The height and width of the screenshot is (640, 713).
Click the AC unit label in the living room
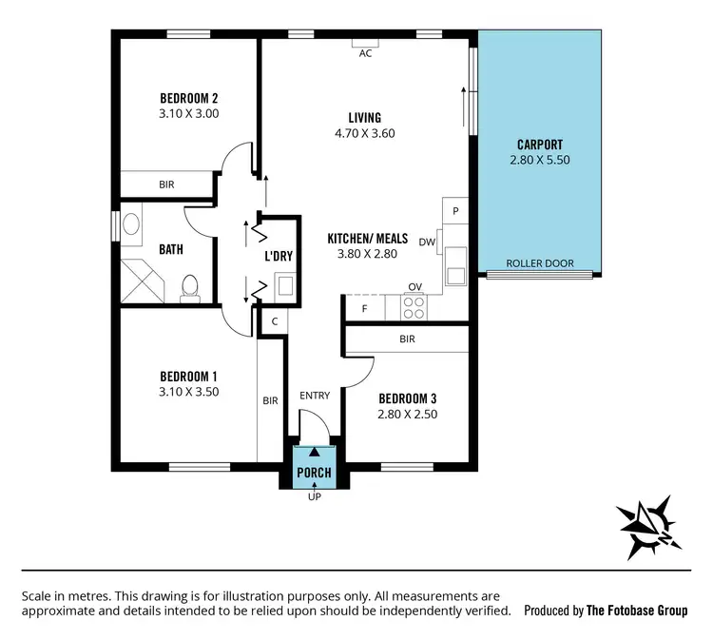(x=365, y=53)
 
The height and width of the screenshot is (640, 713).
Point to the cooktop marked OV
(x=414, y=306)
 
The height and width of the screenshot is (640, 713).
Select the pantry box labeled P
(x=455, y=210)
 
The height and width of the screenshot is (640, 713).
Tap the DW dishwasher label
(x=427, y=242)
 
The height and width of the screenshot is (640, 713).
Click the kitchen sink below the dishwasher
(x=455, y=266)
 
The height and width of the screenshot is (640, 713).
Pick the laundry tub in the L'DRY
(x=283, y=283)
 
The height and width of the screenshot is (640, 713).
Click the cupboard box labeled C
(x=274, y=322)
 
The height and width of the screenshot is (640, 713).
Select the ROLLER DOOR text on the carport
(x=538, y=263)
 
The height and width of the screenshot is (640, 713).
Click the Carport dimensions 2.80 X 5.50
(x=539, y=162)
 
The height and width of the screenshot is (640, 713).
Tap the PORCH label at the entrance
(x=314, y=472)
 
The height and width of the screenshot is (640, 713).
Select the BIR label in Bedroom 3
(x=407, y=339)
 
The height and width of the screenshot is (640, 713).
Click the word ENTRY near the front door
(x=315, y=395)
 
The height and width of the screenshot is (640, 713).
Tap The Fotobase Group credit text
(x=636, y=611)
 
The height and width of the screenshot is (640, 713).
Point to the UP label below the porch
(x=314, y=496)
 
